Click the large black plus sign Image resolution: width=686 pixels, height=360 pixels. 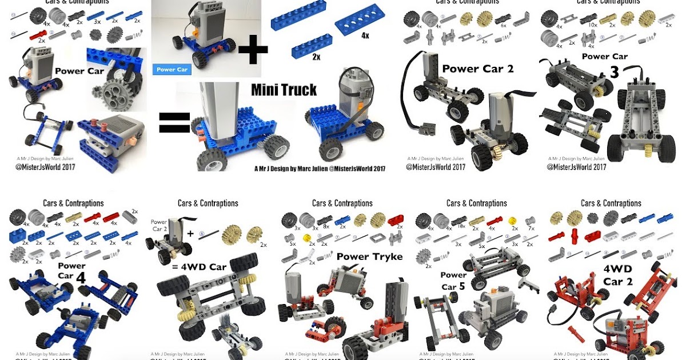coord(253,51)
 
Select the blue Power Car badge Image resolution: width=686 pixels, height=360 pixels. coord(172,70)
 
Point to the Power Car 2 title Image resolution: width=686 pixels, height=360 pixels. coord(478,69)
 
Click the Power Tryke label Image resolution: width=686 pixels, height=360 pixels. coord(369,256)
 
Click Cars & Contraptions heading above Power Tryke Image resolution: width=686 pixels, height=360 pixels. coord(342,203)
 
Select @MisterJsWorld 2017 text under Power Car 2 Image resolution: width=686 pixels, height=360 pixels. coord(436,167)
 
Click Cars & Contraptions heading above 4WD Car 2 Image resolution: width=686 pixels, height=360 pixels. coord(611,203)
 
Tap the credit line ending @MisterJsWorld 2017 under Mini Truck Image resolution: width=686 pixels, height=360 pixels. coord(320,169)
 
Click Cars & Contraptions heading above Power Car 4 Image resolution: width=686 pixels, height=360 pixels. coord(73,203)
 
